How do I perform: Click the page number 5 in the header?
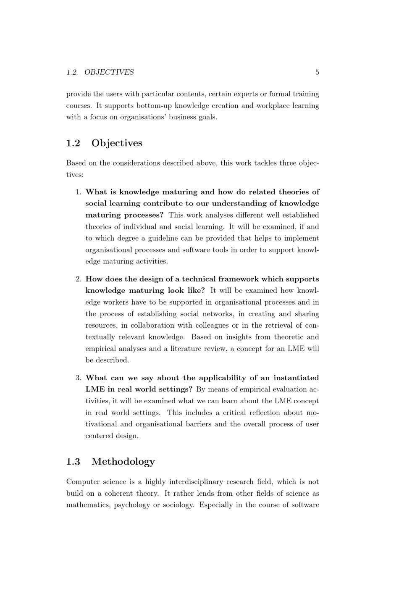(x=317, y=72)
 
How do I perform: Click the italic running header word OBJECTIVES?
(x=109, y=72)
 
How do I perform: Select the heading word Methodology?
(x=123, y=462)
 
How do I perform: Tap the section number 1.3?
(x=73, y=462)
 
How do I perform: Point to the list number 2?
(x=78, y=279)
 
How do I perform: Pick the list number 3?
(x=78, y=378)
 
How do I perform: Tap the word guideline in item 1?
(x=172, y=238)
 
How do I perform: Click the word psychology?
(x=131, y=505)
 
